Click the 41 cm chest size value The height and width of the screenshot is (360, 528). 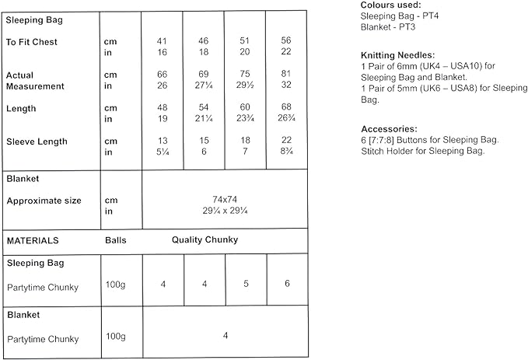point(162,40)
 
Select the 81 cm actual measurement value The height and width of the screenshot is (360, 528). point(285,74)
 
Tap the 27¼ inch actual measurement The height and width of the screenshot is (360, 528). point(204,86)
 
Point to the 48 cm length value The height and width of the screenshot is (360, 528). point(162,107)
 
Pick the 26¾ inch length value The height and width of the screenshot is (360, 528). point(285,119)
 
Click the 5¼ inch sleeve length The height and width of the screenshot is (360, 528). point(162,153)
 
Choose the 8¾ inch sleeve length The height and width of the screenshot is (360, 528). point(285,153)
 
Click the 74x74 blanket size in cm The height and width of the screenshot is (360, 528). point(225,200)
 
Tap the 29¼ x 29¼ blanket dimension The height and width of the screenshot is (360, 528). point(225,211)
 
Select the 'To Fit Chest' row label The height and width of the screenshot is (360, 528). point(31,40)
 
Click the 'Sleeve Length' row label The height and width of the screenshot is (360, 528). point(37,142)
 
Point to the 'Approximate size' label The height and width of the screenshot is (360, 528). point(44,201)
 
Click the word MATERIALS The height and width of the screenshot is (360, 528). point(33,240)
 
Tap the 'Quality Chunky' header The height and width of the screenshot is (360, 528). point(205,240)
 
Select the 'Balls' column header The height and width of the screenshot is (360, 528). point(116,240)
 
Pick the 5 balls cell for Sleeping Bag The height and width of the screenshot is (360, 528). point(245,285)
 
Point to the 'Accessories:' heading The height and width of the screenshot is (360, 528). point(389,128)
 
